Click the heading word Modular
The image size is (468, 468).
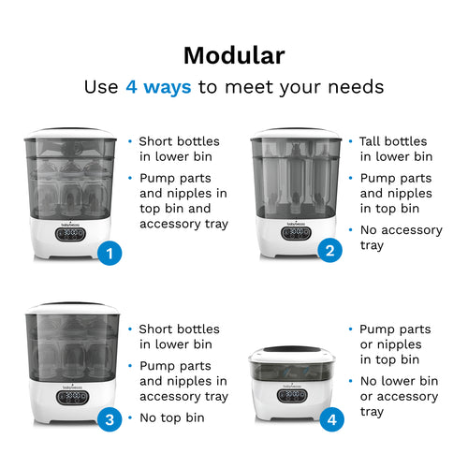pyautogui.click(x=233, y=54)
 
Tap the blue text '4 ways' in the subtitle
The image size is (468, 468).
pyautogui.click(x=158, y=87)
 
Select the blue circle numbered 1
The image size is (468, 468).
pyautogui.click(x=110, y=253)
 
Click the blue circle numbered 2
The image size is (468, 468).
pyautogui.click(x=329, y=250)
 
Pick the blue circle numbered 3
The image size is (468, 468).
pyautogui.click(x=110, y=420)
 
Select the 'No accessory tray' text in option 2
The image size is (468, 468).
pyautogui.click(x=400, y=238)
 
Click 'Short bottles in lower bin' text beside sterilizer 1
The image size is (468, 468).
pyautogui.click(x=179, y=149)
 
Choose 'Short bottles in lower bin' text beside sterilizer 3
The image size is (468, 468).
pyautogui.click(x=179, y=337)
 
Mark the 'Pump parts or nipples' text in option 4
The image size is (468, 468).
pyautogui.click(x=395, y=337)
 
